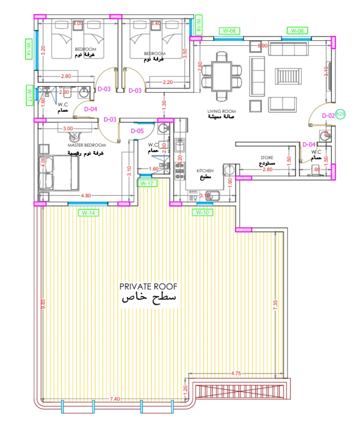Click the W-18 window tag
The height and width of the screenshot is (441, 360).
(x=198, y=25)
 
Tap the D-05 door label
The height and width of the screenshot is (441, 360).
(x=138, y=131)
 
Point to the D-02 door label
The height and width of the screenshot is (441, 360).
(x=328, y=115)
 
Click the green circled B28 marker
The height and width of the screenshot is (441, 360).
(x=341, y=114)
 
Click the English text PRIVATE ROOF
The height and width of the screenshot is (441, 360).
(x=148, y=287)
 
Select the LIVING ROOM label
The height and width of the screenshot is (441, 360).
(x=222, y=111)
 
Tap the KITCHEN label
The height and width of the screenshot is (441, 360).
(x=205, y=171)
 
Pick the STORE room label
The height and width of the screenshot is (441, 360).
(x=267, y=158)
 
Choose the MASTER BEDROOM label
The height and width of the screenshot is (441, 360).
(x=87, y=145)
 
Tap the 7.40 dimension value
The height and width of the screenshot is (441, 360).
(x=114, y=399)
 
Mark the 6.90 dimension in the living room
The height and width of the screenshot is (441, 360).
(x=263, y=46)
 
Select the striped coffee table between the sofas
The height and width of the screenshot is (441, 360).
(x=288, y=76)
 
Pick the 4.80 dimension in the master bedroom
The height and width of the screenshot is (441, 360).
(x=85, y=196)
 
